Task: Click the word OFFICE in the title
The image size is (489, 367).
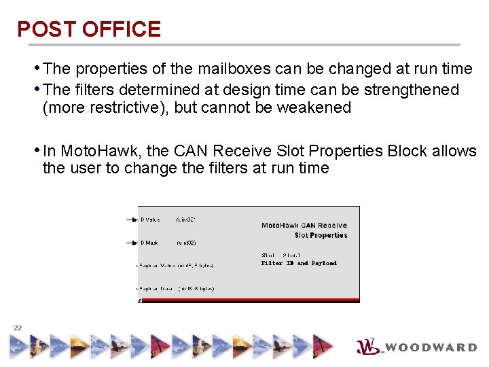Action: point(121,29)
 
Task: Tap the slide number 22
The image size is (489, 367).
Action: point(18,328)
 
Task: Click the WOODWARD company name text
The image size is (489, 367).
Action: point(432,347)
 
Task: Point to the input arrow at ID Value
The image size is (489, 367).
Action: point(131,220)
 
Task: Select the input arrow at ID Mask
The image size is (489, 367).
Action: point(131,242)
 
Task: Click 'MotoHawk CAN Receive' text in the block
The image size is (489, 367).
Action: point(304,226)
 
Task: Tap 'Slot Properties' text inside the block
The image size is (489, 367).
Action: point(321,235)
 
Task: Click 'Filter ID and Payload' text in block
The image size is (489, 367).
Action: point(299,263)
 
